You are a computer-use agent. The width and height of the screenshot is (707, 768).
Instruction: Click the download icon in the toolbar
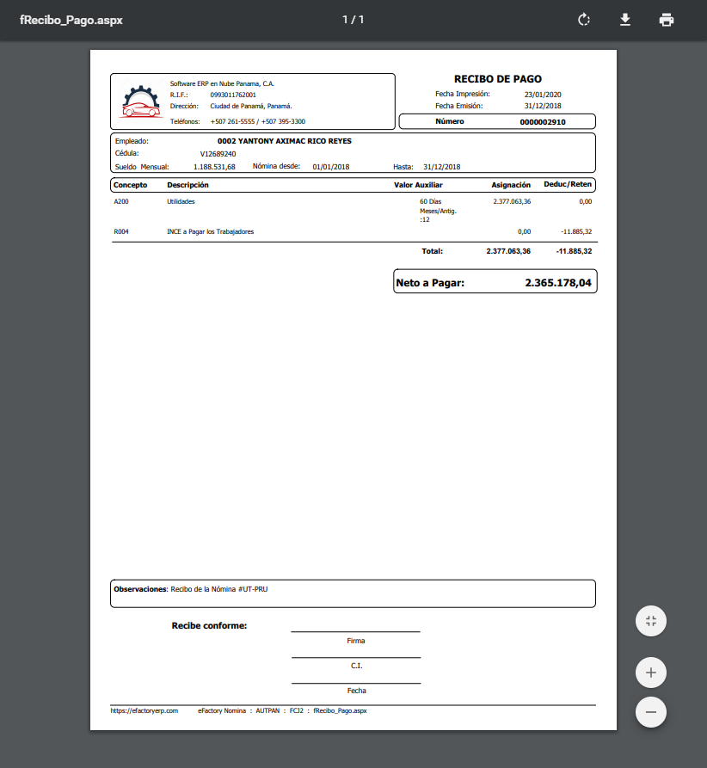pyautogui.click(x=625, y=20)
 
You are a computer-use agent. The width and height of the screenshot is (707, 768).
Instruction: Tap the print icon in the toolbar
pyautogui.click(x=667, y=20)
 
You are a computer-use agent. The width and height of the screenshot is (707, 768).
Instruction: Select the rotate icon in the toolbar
pyautogui.click(x=584, y=20)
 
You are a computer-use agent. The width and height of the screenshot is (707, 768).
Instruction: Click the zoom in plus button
pyautogui.click(x=651, y=673)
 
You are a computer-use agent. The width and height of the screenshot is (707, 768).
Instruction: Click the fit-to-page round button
pyautogui.click(x=651, y=621)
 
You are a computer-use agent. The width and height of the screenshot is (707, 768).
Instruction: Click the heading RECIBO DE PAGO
pyautogui.click(x=498, y=79)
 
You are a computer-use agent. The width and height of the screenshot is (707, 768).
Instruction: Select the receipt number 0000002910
pyautogui.click(x=543, y=122)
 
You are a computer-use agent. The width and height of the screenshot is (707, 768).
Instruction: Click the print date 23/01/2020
pyautogui.click(x=542, y=94)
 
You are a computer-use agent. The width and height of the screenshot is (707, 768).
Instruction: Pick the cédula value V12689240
pyautogui.click(x=218, y=154)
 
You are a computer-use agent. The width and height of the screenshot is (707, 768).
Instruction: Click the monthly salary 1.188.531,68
pyautogui.click(x=214, y=167)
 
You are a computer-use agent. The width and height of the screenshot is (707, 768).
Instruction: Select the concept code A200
pyautogui.click(x=121, y=201)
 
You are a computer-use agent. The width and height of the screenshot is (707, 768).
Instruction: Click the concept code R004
pyautogui.click(x=121, y=231)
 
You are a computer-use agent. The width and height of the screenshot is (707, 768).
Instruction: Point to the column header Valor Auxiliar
pyautogui.click(x=418, y=185)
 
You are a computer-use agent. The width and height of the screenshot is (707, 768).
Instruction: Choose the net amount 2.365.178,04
pyautogui.click(x=558, y=282)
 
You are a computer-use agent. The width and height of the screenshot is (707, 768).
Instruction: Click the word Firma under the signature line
pyautogui.click(x=356, y=641)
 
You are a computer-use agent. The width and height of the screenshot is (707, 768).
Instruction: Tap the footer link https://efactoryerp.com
pyautogui.click(x=144, y=711)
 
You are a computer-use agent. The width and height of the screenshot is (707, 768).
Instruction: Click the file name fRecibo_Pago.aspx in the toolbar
pyautogui.click(x=71, y=20)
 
